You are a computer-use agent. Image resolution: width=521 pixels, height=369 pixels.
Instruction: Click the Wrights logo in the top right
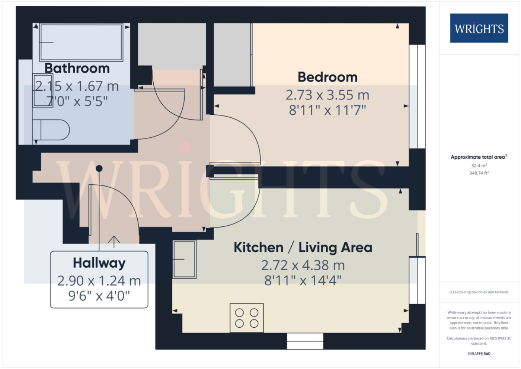tap(479, 28)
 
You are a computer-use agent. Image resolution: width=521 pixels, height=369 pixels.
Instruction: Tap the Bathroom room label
tap(77, 68)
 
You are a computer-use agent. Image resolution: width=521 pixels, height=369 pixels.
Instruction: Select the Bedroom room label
tap(327, 77)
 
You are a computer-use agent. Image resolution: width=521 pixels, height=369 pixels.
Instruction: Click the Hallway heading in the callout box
tap(99, 263)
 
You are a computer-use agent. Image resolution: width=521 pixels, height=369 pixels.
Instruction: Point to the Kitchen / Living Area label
tap(303, 247)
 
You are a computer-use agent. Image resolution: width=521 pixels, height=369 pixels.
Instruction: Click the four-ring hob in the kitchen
tap(246, 318)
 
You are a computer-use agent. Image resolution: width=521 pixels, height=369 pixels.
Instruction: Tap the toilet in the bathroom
tap(51, 130)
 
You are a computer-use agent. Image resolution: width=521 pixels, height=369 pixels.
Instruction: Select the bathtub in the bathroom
tap(81, 42)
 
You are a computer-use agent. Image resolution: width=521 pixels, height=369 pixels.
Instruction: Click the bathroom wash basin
tap(43, 90)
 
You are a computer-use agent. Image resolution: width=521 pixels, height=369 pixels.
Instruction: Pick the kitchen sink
tap(185, 260)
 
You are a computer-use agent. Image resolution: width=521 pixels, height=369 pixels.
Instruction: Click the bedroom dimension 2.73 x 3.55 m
tap(327, 95)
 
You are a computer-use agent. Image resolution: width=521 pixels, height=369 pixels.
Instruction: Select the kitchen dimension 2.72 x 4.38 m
tap(303, 265)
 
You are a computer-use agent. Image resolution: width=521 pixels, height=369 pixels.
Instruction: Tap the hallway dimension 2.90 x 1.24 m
tap(99, 281)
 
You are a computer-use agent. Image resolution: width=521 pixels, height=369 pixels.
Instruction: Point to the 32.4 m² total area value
tap(479, 166)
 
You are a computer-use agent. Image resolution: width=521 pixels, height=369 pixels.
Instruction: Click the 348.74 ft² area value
tap(479, 173)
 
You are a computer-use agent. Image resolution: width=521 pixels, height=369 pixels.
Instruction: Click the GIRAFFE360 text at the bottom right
tap(479, 354)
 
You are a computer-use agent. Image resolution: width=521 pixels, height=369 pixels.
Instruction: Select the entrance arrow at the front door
tap(114, 242)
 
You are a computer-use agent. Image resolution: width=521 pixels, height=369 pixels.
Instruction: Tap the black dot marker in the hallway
tap(99, 168)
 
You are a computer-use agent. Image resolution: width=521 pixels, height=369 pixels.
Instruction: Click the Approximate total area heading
tap(479, 157)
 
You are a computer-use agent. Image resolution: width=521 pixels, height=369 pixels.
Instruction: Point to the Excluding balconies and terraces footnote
tap(479, 292)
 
